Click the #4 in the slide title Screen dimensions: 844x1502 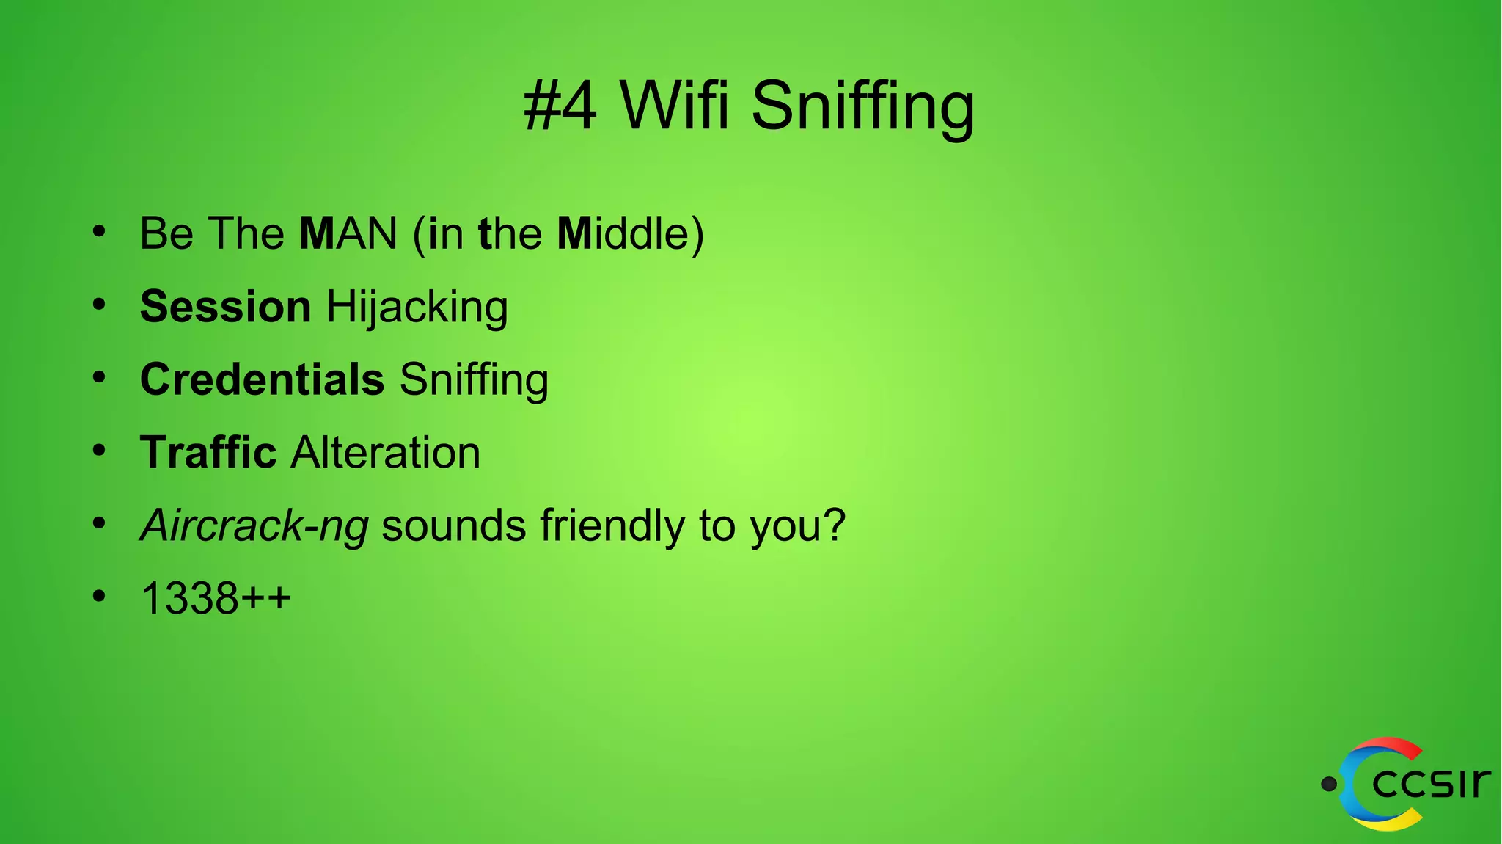pyautogui.click(x=560, y=106)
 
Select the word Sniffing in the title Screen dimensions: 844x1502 pyautogui.click(x=862, y=108)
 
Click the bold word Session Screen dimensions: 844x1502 pyautogui.click(x=225, y=306)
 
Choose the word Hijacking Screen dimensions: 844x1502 pyautogui.click(x=417, y=308)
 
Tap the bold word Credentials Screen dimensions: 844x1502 pyautogui.click(x=262, y=379)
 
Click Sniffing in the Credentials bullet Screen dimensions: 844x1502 pyautogui.click(x=474, y=380)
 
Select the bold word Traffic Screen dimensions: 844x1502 pyautogui.click(x=208, y=452)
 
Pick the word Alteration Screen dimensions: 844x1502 pyautogui.click(x=386, y=452)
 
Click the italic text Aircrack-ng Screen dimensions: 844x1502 pyautogui.click(x=254, y=526)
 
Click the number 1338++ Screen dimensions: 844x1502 pyautogui.click(x=216, y=598)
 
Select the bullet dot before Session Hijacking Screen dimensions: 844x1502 pyautogui.click(x=100, y=305)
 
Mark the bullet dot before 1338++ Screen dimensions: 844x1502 pyautogui.click(x=100, y=597)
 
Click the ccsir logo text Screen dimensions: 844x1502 pyautogui.click(x=1430, y=783)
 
